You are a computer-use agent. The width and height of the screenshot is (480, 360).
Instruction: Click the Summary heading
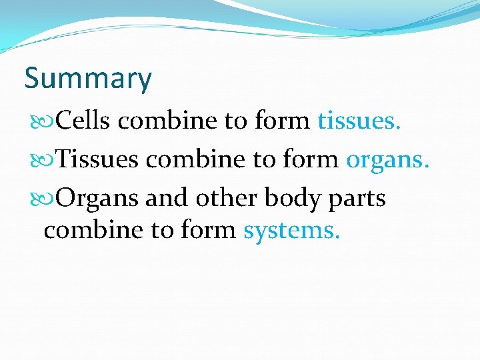click(x=88, y=79)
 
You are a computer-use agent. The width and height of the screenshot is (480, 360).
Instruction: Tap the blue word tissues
click(x=359, y=121)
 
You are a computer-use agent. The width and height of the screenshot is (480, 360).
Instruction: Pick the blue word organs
click(x=383, y=160)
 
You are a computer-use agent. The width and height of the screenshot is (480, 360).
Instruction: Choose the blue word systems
click(x=292, y=231)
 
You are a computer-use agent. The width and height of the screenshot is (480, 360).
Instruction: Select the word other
click(x=227, y=199)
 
